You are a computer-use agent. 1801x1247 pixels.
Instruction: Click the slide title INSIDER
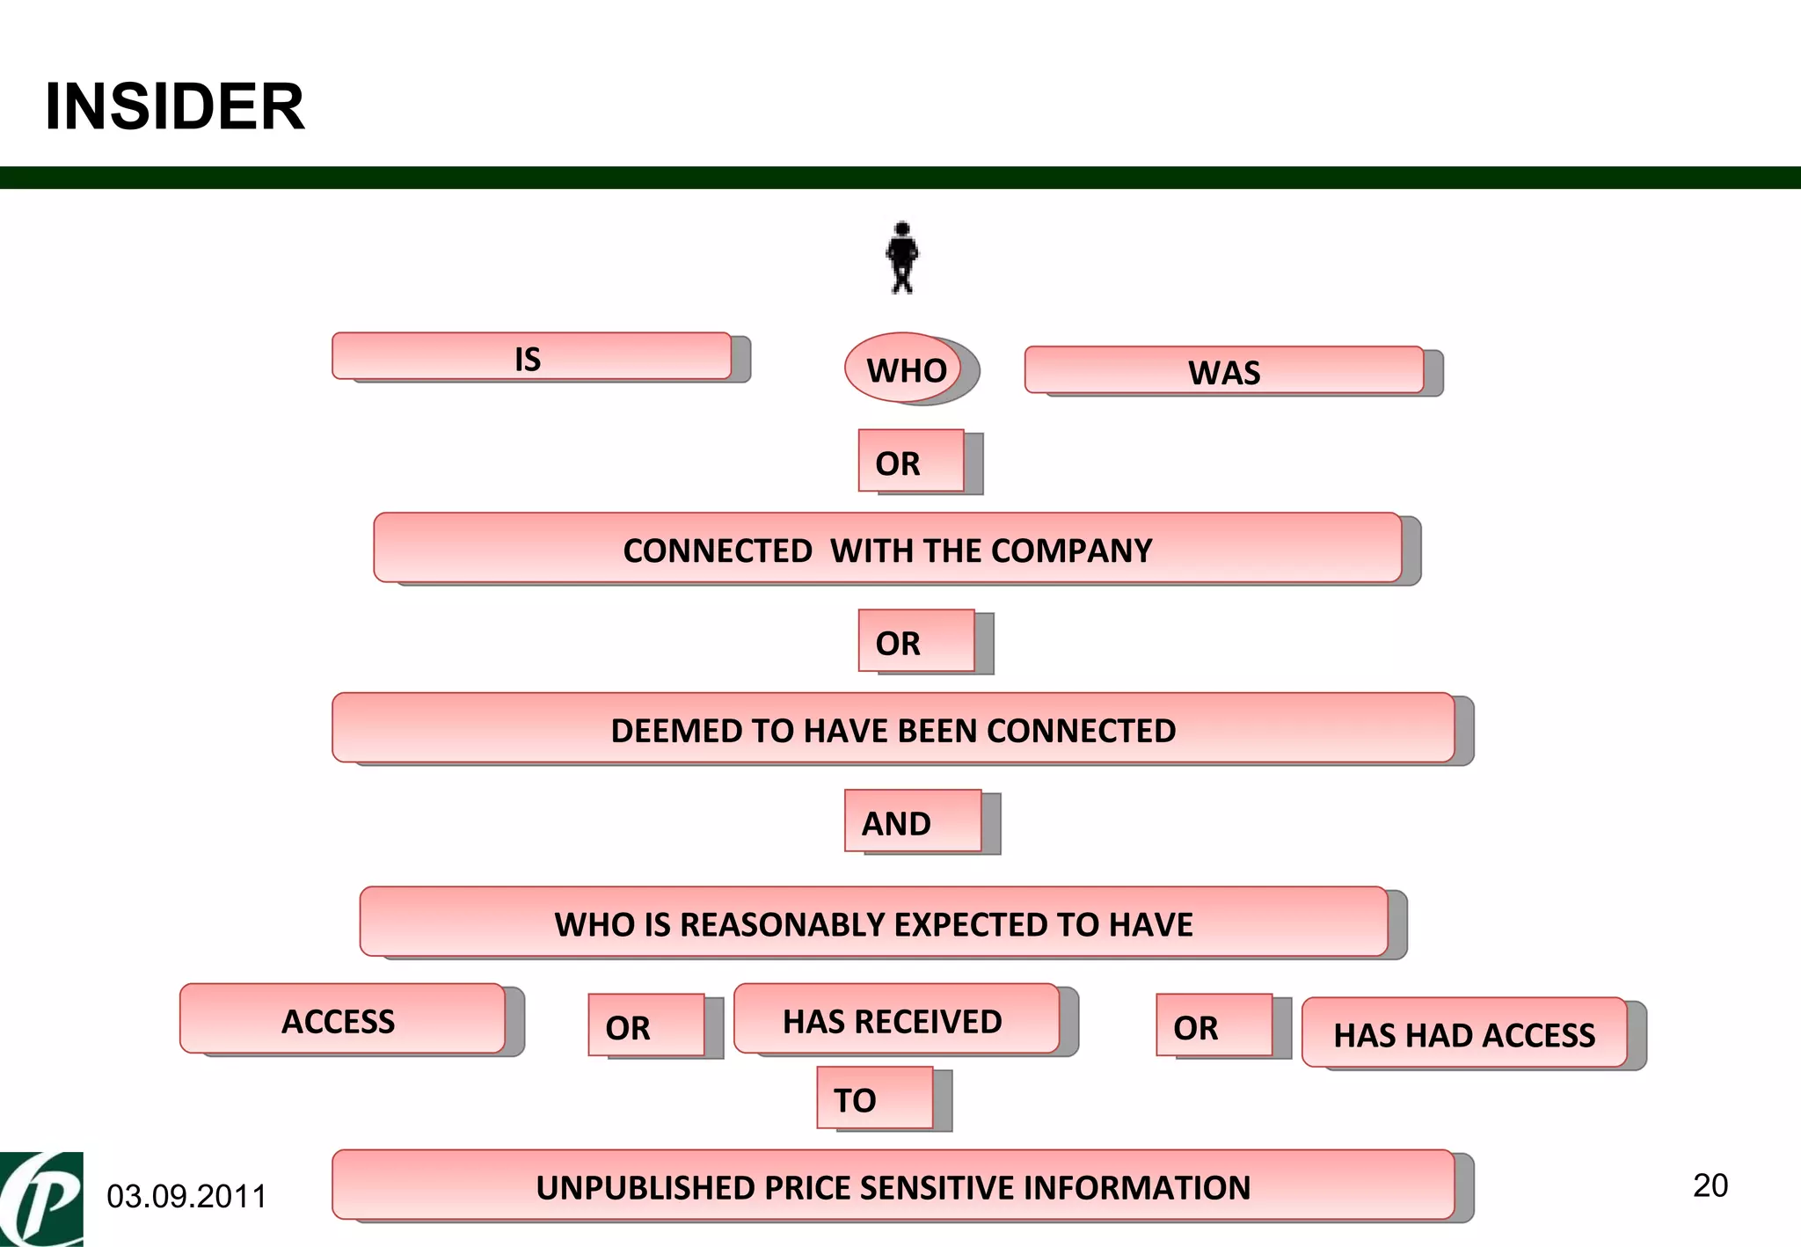pyautogui.click(x=175, y=106)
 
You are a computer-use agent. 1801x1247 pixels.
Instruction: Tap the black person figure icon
pyautogui.click(x=901, y=257)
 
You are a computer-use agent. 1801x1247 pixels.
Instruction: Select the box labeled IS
pyautogui.click(x=531, y=357)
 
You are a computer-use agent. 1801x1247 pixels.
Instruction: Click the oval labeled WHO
pyautogui.click(x=905, y=369)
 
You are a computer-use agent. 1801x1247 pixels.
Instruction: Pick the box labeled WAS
pyautogui.click(x=1223, y=371)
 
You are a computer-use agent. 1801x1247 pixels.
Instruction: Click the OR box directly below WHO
pyautogui.click(x=911, y=462)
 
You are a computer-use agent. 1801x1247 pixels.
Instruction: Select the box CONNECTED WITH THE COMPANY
pyautogui.click(x=887, y=550)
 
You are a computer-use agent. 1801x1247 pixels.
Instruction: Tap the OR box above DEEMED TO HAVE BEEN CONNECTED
pyautogui.click(x=916, y=642)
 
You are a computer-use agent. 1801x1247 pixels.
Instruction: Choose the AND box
pyautogui.click(x=913, y=822)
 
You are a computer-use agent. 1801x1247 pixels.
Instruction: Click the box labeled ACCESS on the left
pyautogui.click(x=341, y=1020)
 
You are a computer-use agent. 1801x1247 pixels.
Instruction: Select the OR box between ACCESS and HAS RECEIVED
pyautogui.click(x=646, y=1026)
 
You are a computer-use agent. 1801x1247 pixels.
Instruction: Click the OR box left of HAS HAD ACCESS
pyautogui.click(x=1214, y=1026)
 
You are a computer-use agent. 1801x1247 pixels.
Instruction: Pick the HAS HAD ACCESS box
pyautogui.click(x=1464, y=1034)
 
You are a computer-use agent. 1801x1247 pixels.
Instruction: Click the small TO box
pyautogui.click(x=874, y=1098)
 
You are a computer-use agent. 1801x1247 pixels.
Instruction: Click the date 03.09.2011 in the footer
pyautogui.click(x=186, y=1196)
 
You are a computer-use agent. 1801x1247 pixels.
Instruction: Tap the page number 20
pyautogui.click(x=1710, y=1185)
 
